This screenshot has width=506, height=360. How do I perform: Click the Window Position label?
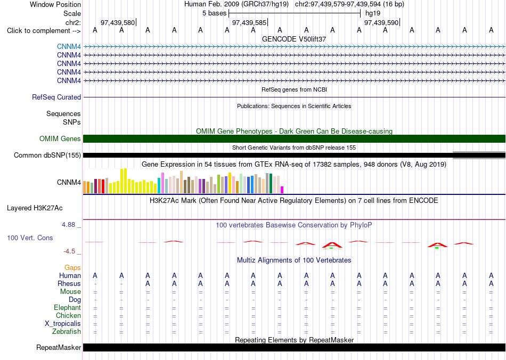[55, 4]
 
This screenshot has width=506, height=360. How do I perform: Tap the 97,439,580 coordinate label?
[118, 22]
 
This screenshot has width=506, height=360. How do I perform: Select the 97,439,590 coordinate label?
[381, 22]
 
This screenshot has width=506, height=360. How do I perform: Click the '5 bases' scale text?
[214, 13]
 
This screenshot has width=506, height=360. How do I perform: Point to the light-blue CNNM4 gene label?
[69, 47]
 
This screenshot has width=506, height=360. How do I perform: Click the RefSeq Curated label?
[56, 97]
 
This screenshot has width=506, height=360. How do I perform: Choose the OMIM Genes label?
[60, 138]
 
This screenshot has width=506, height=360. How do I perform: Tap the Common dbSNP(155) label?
[47, 155]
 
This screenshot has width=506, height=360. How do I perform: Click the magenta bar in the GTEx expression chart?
[282, 190]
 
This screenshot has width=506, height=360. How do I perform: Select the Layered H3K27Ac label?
[35, 208]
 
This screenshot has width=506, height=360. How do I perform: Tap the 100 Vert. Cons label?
[30, 238]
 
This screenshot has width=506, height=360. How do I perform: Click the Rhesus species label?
[69, 283]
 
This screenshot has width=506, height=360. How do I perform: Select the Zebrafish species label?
[67, 332]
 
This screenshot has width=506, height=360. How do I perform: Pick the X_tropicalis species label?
[63, 324]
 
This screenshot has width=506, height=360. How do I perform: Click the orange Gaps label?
[72, 268]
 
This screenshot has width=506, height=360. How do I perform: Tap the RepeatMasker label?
[59, 347]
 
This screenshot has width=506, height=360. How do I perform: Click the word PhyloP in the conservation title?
[361, 225]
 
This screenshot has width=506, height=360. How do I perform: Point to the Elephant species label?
[67, 308]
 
